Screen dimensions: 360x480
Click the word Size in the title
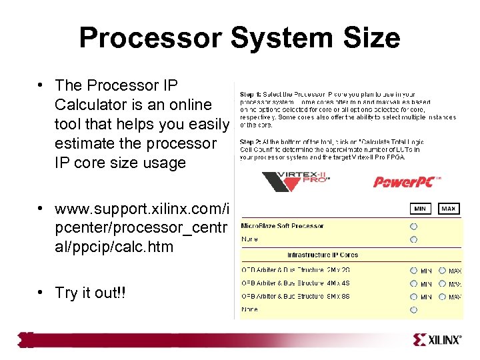point(368,38)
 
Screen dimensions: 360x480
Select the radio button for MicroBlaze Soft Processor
point(413,226)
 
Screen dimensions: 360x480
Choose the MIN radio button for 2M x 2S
point(413,271)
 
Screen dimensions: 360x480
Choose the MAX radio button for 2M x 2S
point(442,271)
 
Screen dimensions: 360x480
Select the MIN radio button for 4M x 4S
point(413,284)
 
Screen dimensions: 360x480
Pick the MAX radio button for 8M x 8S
point(442,297)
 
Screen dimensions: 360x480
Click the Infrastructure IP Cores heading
point(322,255)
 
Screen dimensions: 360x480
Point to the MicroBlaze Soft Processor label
point(282,226)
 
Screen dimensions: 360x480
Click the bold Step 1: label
point(251,94)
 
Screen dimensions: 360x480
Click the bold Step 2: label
point(251,141)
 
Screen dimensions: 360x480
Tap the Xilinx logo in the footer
point(437,340)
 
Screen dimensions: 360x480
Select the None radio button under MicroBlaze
point(413,239)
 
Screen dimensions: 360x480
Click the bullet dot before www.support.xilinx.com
point(41,209)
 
